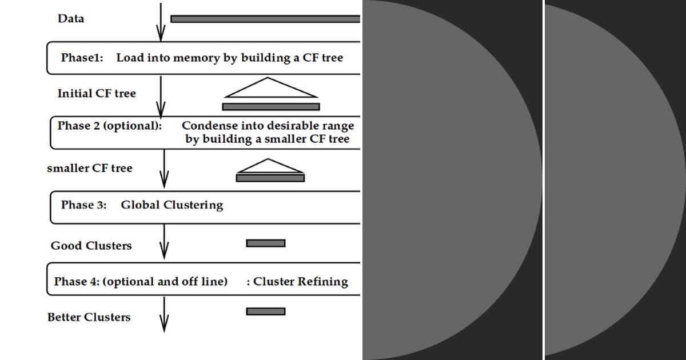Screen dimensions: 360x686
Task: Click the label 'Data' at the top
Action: pyautogui.click(x=71, y=19)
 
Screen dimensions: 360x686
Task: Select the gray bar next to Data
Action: pyautogui.click(x=265, y=19)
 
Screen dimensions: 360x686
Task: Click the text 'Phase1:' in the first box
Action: pyautogui.click(x=82, y=58)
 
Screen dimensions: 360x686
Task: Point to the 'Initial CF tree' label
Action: pyautogui.click(x=97, y=93)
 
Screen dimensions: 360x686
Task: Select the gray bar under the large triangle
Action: pyautogui.click(x=271, y=107)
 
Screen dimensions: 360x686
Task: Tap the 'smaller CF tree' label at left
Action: pyautogui.click(x=90, y=168)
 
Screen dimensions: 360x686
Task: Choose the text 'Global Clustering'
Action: pyautogui.click(x=171, y=205)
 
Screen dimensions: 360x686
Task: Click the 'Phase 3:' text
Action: pyautogui.click(x=83, y=205)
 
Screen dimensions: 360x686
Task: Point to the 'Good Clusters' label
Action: pyautogui.click(x=91, y=246)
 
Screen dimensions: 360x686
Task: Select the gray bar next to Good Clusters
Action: pyautogui.click(x=266, y=243)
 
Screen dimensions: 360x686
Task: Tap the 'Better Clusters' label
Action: pyautogui.click(x=89, y=317)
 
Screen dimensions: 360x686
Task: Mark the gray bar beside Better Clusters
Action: pyautogui.click(x=266, y=311)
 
